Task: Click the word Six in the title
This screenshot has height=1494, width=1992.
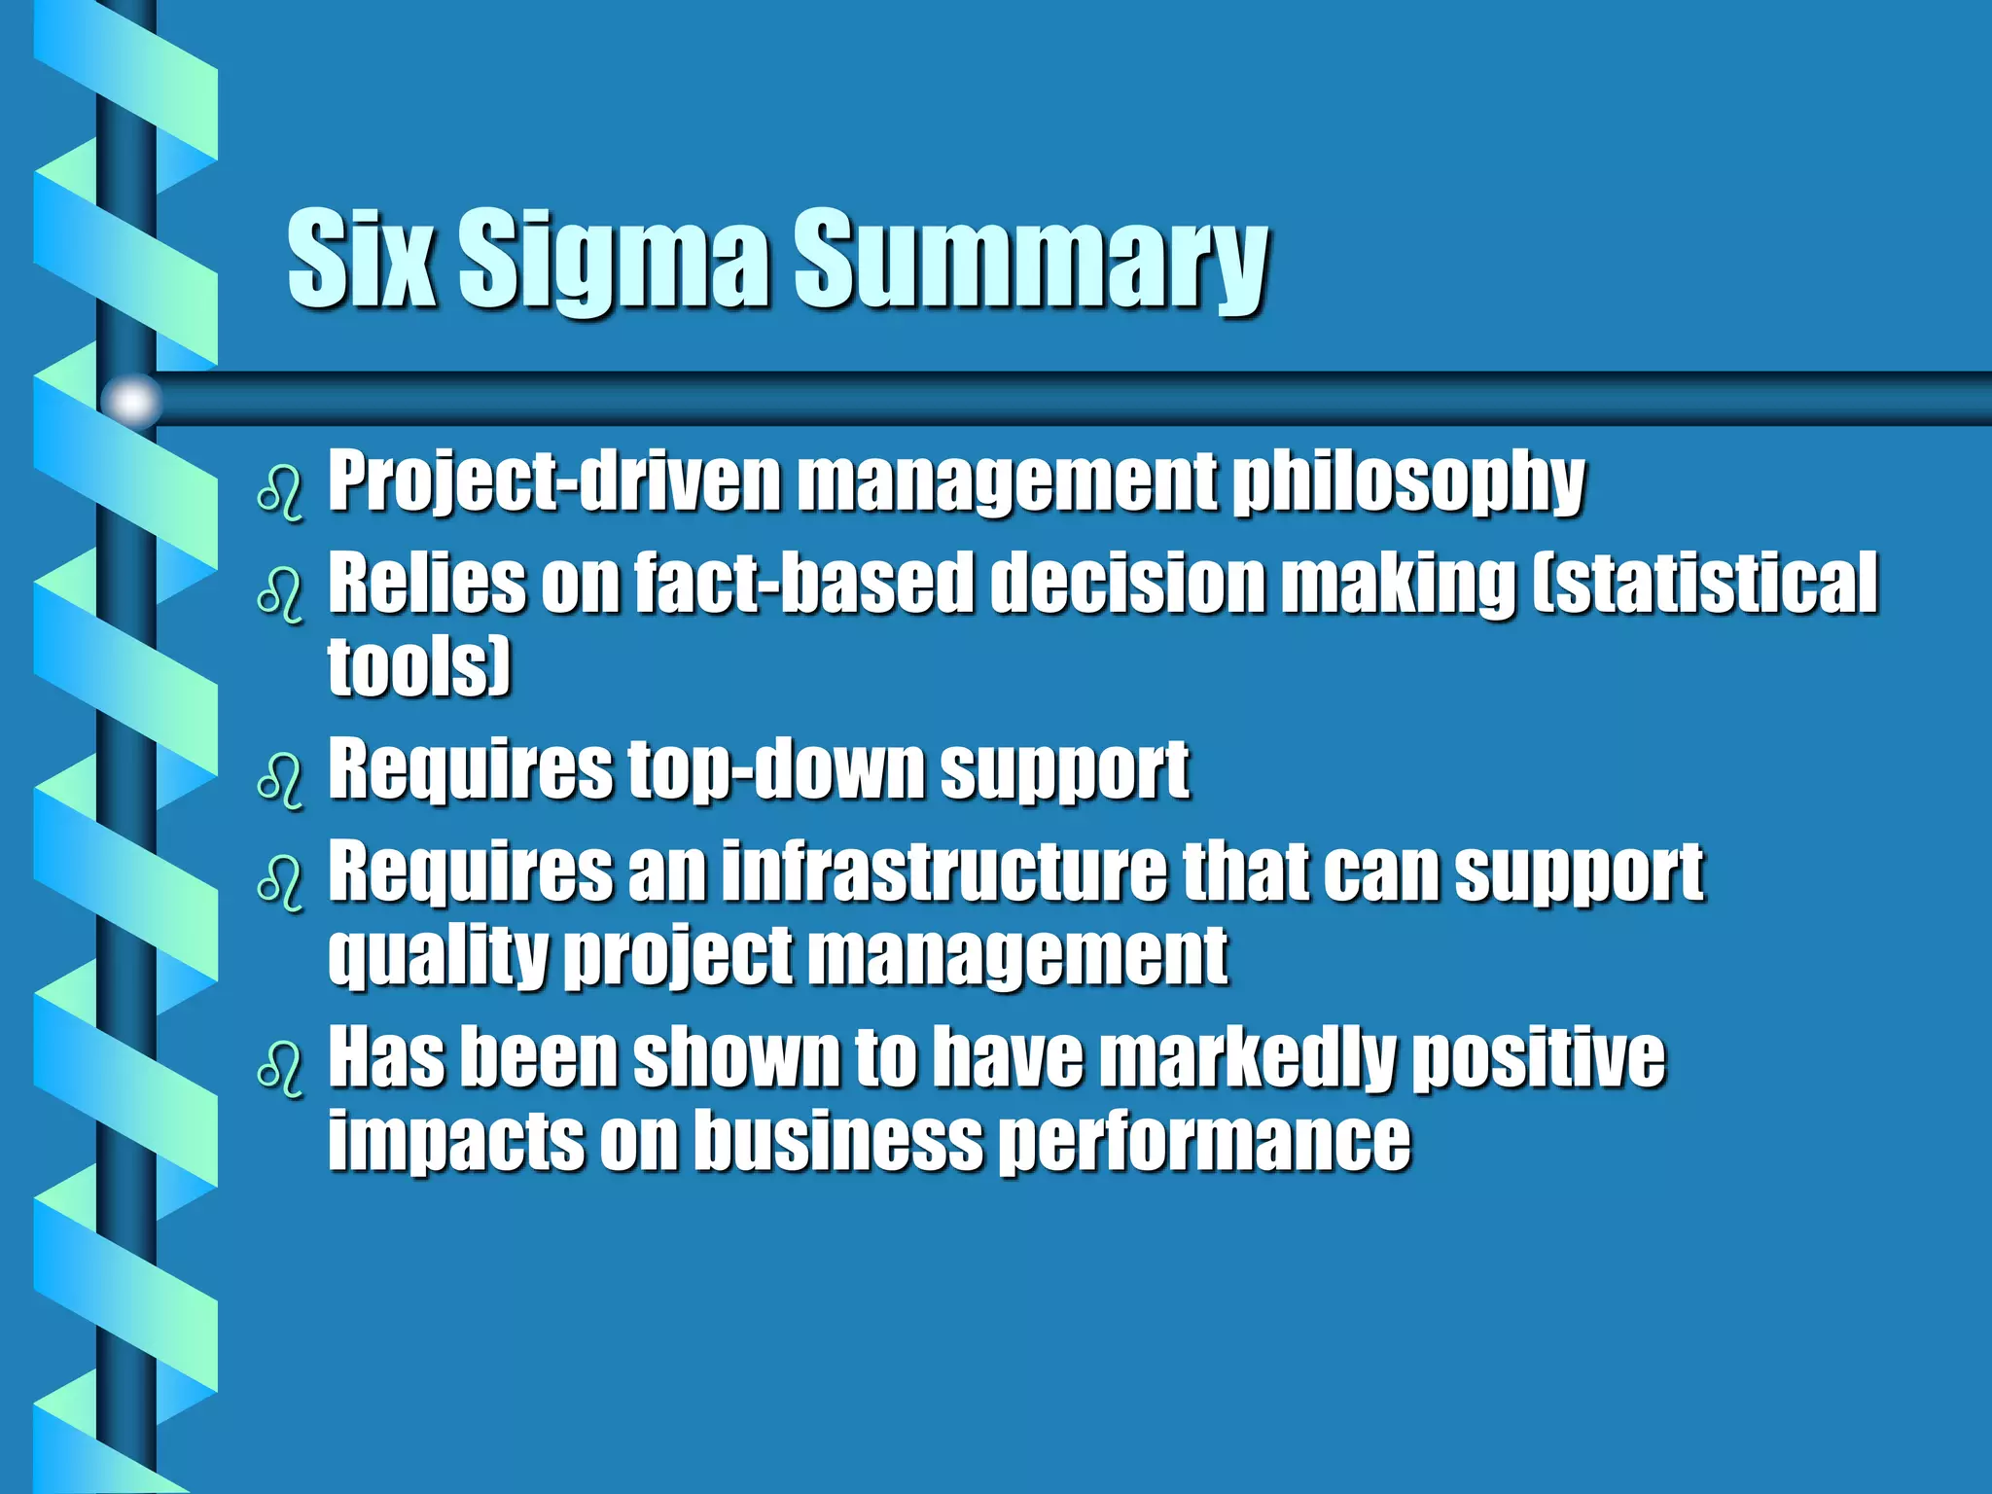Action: click(x=361, y=260)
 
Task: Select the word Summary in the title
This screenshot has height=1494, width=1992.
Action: click(x=1031, y=260)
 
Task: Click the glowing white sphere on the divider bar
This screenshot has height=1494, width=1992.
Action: click(x=132, y=400)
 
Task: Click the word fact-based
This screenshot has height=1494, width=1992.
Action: click(x=803, y=583)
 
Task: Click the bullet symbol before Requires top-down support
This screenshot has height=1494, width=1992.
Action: click(x=280, y=781)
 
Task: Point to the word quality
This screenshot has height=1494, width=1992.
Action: click(x=438, y=955)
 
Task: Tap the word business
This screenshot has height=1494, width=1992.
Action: click(x=839, y=1140)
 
